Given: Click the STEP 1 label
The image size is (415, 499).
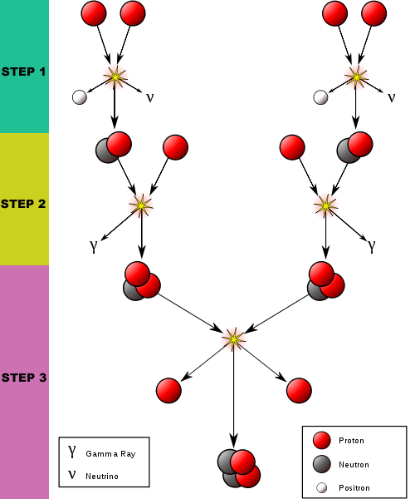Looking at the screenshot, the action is click(23, 72).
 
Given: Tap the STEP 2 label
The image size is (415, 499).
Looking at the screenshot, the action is click(23, 204).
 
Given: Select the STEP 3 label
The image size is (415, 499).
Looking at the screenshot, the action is click(24, 378).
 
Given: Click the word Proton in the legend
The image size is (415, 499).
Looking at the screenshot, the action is click(351, 441).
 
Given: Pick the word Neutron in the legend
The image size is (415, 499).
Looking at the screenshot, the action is click(354, 465).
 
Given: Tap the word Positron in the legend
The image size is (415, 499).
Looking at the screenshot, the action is click(354, 488).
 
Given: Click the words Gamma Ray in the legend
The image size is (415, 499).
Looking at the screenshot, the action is click(110, 454).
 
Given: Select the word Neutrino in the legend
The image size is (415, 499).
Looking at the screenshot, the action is click(102, 476).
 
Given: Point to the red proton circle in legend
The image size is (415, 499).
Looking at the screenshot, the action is click(322, 441).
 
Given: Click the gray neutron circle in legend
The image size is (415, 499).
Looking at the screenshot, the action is click(322, 464).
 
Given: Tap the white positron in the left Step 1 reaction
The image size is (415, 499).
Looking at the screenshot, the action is click(80, 97).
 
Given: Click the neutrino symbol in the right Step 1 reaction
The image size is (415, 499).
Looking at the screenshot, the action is click(392, 97).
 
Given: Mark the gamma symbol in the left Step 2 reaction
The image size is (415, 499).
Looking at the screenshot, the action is click(93, 246).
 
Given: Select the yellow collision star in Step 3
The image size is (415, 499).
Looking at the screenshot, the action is click(233, 339).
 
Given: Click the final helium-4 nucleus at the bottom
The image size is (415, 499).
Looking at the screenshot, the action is click(239, 468).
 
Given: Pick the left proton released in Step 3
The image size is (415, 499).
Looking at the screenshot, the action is click(168, 391).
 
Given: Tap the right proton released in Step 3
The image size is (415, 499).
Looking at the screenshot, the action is click(299, 391).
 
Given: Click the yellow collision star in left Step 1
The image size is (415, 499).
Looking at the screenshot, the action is click(115, 77).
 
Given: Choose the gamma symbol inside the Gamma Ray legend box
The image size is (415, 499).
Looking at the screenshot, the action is click(72, 452).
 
